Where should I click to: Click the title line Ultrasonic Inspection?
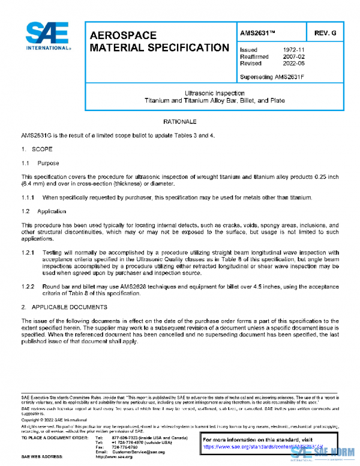pos(214,93)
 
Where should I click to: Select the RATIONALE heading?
pos(180,122)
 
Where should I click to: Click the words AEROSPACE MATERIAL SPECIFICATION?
pos(159,41)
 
